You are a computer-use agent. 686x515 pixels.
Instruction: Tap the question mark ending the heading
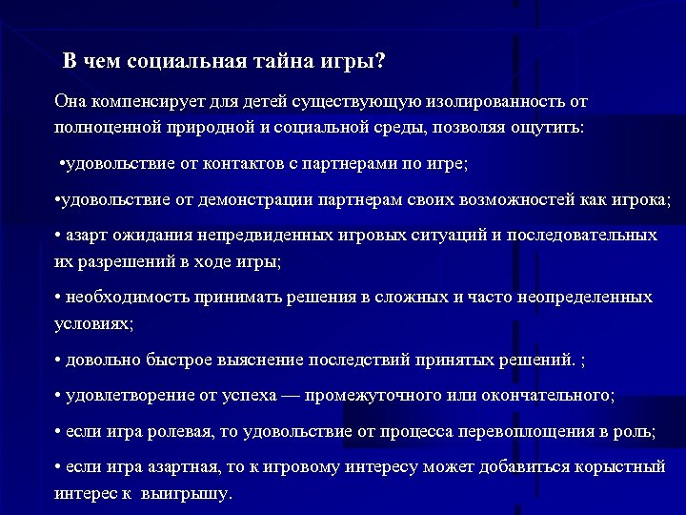coord(381,62)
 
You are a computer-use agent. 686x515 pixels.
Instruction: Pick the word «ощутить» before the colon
coord(552,127)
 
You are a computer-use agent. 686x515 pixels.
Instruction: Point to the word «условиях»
coord(92,323)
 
